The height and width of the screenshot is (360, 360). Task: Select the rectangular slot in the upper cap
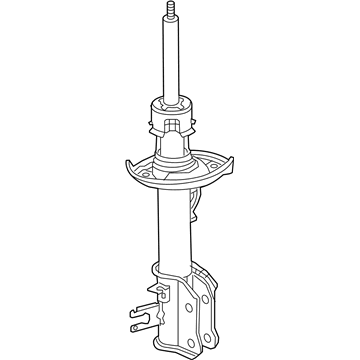click(172, 129)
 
